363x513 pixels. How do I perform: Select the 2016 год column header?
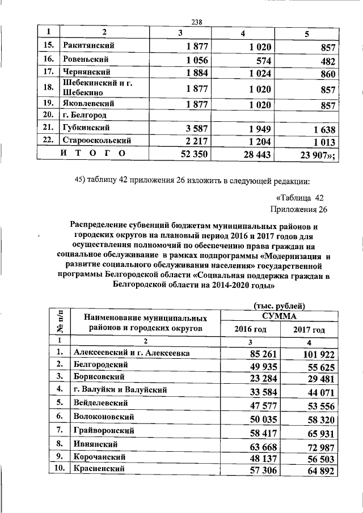tap(250, 329)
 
